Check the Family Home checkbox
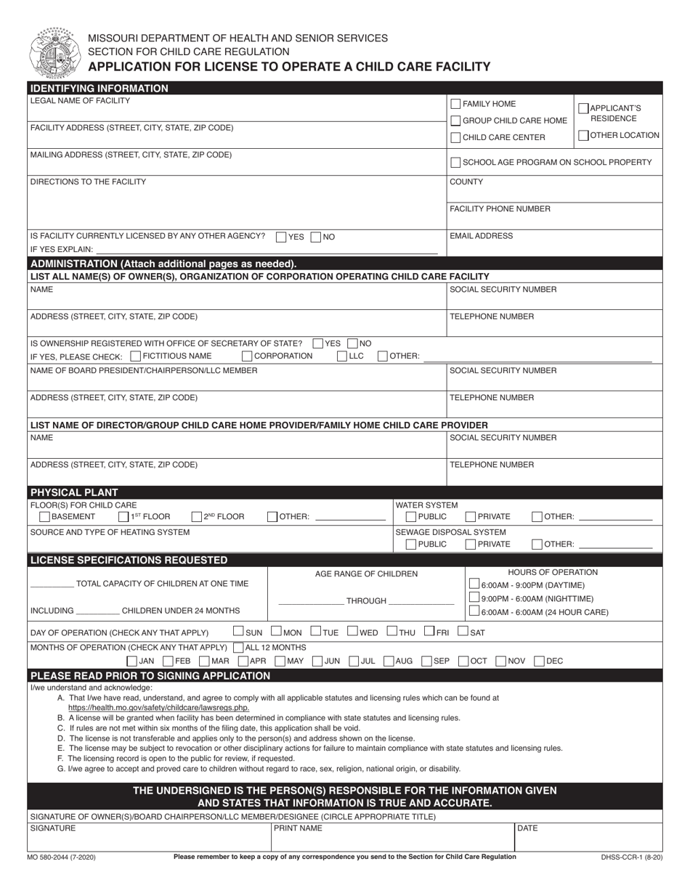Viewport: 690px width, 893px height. [455, 104]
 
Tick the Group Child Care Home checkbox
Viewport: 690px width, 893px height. [455, 121]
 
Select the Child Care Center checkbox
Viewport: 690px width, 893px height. [455, 137]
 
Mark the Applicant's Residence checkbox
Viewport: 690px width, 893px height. [583, 108]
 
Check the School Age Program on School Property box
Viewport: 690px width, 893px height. [455, 163]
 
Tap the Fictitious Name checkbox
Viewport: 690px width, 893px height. [136, 356]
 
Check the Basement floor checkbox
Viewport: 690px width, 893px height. [44, 517]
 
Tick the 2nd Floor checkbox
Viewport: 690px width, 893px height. [196, 517]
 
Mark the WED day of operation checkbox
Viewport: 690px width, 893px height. [353, 632]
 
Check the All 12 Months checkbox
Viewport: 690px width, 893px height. [238, 648]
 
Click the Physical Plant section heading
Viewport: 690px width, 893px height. [73, 492]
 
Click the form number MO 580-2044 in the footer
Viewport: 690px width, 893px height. [62, 857]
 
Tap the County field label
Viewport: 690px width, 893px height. [466, 182]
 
